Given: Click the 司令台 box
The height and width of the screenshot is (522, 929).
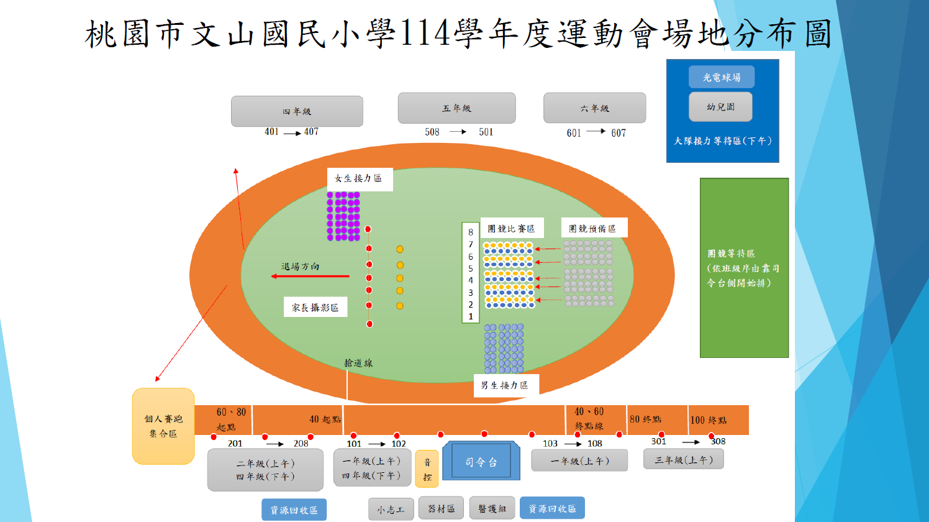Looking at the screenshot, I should (x=481, y=462).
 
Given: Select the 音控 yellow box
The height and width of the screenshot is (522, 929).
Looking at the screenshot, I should (x=427, y=469).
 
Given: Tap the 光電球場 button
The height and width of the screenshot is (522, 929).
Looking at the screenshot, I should (x=722, y=77).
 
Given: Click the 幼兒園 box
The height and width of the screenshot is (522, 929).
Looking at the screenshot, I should (x=720, y=107).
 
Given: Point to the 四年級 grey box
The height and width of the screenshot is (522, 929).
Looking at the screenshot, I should (x=297, y=111).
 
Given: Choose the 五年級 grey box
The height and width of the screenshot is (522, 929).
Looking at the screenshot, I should (x=456, y=108).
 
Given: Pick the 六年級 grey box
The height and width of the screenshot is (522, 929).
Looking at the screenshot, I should (x=594, y=108).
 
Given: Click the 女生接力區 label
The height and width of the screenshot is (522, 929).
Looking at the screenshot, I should (x=359, y=178).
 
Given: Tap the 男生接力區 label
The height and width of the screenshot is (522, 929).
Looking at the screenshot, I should (x=505, y=385).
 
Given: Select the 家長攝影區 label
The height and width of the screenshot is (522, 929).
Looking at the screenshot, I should (x=315, y=307).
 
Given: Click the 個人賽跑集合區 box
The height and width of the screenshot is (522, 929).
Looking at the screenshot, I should (x=163, y=426).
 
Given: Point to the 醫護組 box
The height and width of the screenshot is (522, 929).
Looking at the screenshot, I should (x=492, y=508).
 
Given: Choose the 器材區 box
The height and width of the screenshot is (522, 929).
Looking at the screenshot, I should (x=441, y=508).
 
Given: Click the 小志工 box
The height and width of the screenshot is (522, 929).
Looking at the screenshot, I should (x=391, y=510).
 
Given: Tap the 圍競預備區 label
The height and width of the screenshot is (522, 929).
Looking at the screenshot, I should (x=593, y=228).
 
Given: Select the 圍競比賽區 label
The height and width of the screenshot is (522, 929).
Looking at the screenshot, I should (x=511, y=228).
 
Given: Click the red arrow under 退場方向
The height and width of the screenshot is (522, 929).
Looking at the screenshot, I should (x=310, y=276).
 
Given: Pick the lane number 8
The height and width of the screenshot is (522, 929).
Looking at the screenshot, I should (x=471, y=232).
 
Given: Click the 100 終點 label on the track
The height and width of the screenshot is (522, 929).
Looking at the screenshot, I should (x=709, y=420).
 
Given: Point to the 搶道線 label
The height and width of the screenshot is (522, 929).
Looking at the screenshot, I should (x=358, y=363).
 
